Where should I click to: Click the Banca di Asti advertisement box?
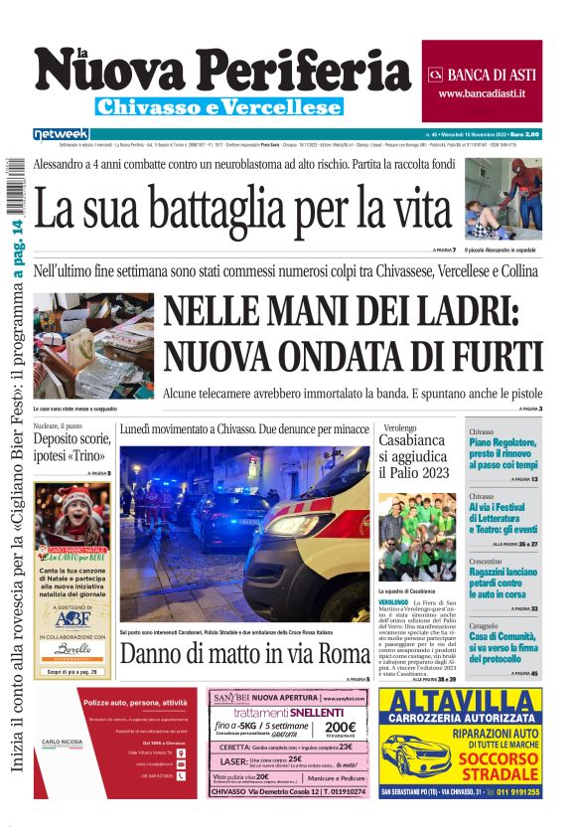point(482,82)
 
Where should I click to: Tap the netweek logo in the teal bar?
point(61,133)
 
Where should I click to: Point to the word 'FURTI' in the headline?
point(491,356)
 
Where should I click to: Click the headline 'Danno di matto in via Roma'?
point(244,654)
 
